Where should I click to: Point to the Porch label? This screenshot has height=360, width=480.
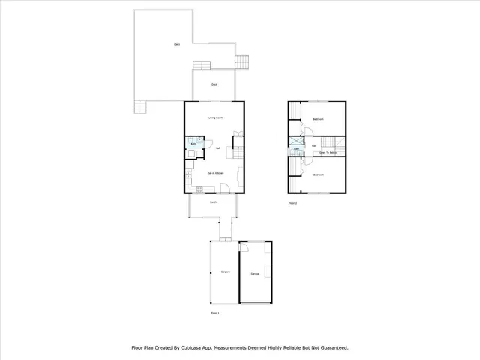(x=214, y=202)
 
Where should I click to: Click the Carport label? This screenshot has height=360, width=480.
(x=224, y=271)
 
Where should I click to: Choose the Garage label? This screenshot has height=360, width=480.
(x=255, y=275)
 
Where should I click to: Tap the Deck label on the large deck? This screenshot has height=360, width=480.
(x=176, y=45)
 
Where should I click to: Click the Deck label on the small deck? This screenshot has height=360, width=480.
(x=214, y=84)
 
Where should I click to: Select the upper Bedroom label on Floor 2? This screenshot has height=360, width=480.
(x=318, y=119)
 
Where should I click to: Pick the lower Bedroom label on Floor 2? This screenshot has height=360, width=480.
(x=318, y=174)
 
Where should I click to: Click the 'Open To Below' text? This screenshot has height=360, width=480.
(x=327, y=151)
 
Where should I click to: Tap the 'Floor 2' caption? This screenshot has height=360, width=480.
(x=292, y=203)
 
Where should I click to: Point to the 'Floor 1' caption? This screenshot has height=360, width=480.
(x=214, y=312)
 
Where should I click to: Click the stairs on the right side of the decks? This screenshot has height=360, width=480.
(x=242, y=61)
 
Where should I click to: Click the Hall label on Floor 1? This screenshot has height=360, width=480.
(x=217, y=148)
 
